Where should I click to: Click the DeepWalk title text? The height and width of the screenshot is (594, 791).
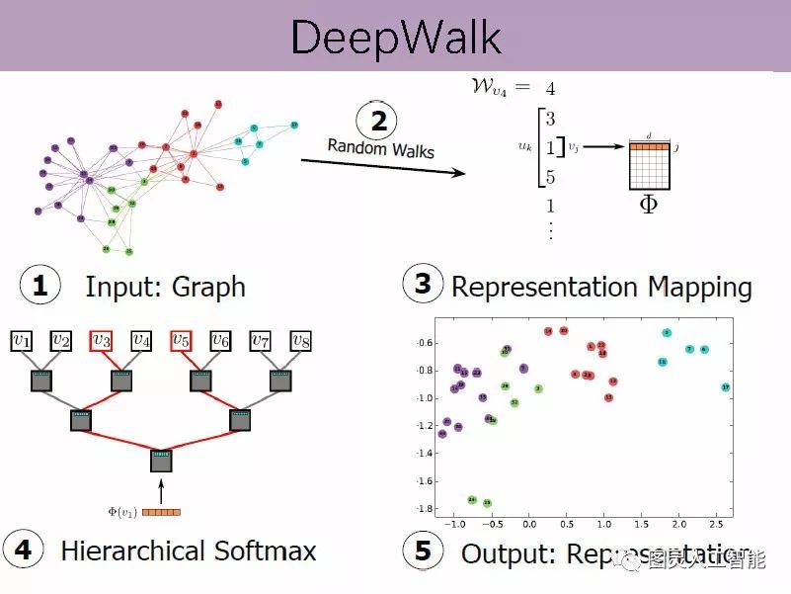(396, 37)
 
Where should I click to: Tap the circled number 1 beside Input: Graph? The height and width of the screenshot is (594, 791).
(40, 286)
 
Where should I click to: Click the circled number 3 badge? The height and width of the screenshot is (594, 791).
(423, 284)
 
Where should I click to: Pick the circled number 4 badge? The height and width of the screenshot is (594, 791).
(23, 551)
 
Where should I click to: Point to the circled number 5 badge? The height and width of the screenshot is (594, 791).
(423, 551)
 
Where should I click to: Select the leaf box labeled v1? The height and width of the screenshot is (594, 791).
(21, 341)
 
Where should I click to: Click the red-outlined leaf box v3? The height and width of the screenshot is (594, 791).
(101, 341)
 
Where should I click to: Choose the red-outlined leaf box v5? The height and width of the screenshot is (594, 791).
(181, 341)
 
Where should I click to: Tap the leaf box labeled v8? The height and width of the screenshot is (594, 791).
(301, 341)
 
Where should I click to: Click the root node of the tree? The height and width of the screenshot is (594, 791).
(161, 461)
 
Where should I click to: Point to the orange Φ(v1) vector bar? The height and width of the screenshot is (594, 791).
(162, 512)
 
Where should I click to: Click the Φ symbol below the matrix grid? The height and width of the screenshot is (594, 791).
(649, 205)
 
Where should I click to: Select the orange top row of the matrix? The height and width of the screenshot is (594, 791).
(650, 147)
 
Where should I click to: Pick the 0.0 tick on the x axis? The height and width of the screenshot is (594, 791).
(529, 524)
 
